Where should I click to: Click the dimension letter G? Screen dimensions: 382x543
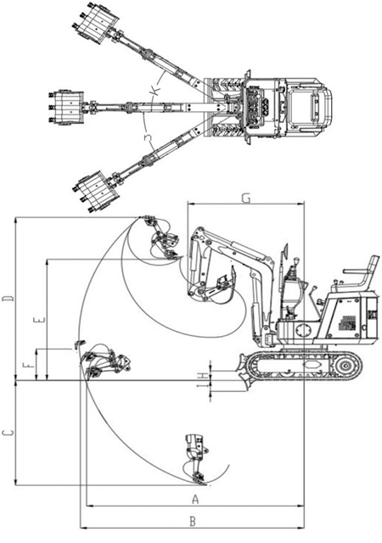pyautogui.click(x=246, y=198)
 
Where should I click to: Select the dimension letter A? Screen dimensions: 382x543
pyautogui.click(x=195, y=500)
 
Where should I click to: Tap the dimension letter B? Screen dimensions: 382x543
pyautogui.click(x=193, y=522)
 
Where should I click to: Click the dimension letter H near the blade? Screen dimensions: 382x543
pyautogui.click(x=204, y=376)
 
